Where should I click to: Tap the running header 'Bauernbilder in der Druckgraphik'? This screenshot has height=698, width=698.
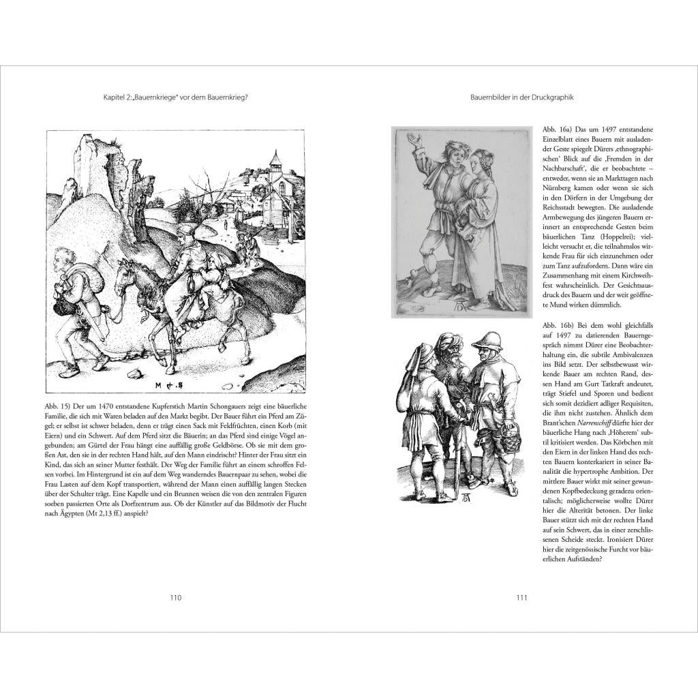tap(522, 97)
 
